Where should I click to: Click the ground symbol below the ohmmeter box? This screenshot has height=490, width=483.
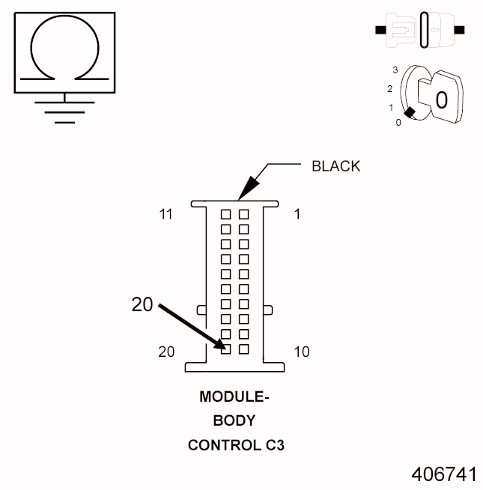(64, 111)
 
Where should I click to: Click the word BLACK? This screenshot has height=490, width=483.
(335, 166)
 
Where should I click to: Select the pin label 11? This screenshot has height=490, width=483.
(166, 215)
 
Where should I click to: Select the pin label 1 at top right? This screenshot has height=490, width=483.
(297, 215)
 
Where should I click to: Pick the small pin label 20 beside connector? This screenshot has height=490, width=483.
(167, 352)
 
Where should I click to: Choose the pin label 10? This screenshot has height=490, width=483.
(301, 352)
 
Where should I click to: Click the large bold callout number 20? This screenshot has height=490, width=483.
(142, 304)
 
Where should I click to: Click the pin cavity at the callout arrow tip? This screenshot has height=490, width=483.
(225, 349)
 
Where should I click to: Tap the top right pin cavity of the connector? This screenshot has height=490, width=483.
(243, 214)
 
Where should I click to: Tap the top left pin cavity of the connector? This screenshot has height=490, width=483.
(225, 214)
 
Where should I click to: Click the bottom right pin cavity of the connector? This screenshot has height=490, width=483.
(243, 349)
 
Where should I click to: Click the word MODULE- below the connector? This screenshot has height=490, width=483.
(234, 397)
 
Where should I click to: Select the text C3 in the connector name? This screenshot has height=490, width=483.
(274, 445)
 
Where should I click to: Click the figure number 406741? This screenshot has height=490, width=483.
(443, 474)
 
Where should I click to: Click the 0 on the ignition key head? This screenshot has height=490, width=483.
(441, 99)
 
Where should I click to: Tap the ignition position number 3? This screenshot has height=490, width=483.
(394, 70)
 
